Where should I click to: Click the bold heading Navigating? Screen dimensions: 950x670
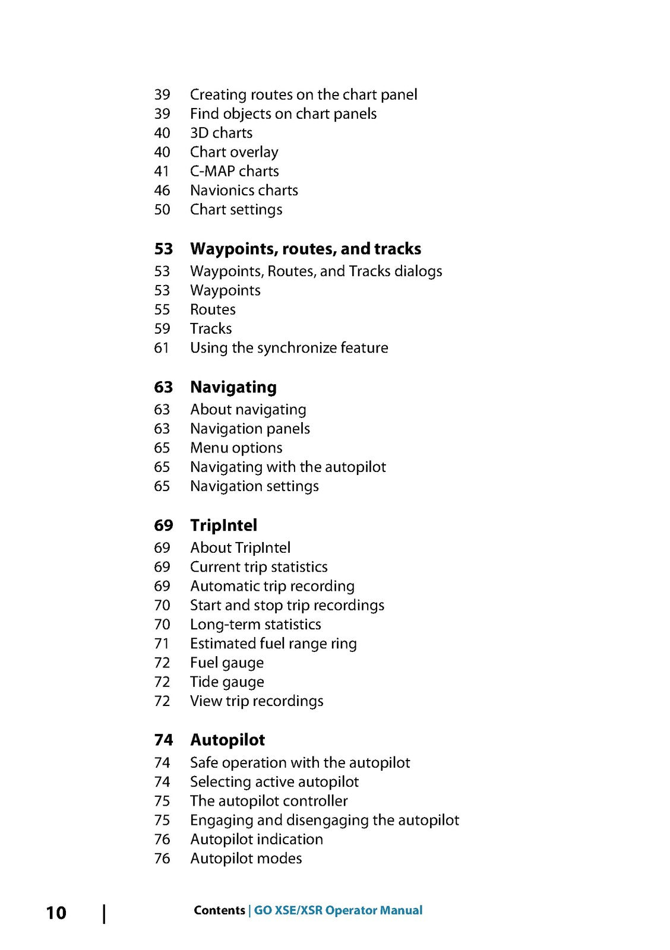pyautogui.click(x=233, y=387)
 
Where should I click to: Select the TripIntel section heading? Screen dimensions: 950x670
pyautogui.click(x=223, y=525)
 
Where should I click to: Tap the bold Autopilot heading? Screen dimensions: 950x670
pyautogui.click(x=227, y=740)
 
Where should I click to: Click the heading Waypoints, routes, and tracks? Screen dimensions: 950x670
pyautogui.click(x=305, y=249)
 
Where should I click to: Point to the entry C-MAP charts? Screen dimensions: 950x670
pyautogui.click(x=234, y=171)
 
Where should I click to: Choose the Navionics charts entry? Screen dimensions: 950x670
pyautogui.click(x=244, y=191)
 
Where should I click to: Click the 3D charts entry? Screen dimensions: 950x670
pyautogui.click(x=221, y=133)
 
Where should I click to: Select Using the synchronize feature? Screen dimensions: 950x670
pyautogui.click(x=289, y=348)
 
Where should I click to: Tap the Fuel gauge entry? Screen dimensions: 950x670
pyautogui.click(x=226, y=663)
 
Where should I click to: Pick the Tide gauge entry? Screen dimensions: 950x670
pyautogui.click(x=227, y=682)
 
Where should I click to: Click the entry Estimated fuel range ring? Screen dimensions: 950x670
pyautogui.click(x=273, y=644)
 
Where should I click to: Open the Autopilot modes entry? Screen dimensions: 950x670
pyautogui.click(x=246, y=859)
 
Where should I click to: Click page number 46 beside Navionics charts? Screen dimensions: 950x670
pyautogui.click(x=162, y=191)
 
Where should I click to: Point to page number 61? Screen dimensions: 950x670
pyautogui.click(x=162, y=348)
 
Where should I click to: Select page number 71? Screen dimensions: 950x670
pyautogui.click(x=162, y=644)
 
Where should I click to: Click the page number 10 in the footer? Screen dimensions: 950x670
pyautogui.click(x=56, y=913)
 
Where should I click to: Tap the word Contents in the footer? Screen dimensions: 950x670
pyautogui.click(x=219, y=910)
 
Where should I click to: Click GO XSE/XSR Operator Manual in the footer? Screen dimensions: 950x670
pyautogui.click(x=338, y=910)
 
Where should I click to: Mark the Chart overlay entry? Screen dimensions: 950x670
pyautogui.click(x=234, y=152)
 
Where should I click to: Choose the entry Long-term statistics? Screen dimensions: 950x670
pyautogui.click(x=255, y=625)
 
